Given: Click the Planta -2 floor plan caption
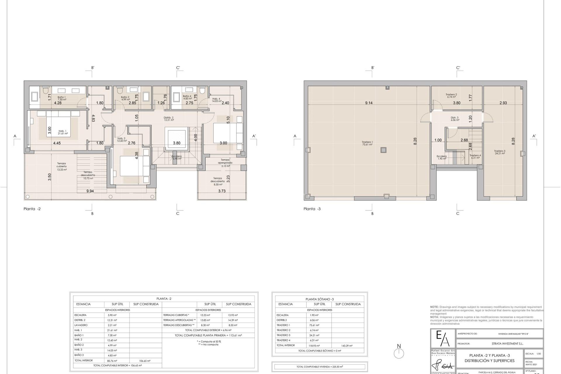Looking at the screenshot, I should [x=32, y=209].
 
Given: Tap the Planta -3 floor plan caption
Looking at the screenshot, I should [x=312, y=209].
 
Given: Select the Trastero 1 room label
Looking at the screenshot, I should [x=367, y=143].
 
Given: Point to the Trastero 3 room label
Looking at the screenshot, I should [x=500, y=152].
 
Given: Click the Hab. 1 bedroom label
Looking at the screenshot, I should [x=63, y=132].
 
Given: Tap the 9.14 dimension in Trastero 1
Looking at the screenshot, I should [x=369, y=103].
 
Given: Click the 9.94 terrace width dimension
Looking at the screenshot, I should [x=90, y=191].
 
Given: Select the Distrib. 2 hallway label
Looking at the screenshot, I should [x=169, y=119].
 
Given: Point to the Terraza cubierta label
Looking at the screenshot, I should [x=61, y=166].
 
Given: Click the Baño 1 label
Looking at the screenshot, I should [x=62, y=98].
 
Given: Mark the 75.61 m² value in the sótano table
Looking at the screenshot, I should [x=314, y=325].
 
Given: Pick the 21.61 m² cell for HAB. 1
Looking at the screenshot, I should [x=112, y=330].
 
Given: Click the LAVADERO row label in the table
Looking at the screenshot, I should [x=81, y=325].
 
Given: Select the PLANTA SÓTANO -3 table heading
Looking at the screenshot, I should [x=319, y=299].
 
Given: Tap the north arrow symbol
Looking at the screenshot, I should [x=399, y=352].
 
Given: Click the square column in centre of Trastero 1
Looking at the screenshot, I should [x=384, y=150].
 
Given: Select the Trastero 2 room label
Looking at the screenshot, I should [x=451, y=96].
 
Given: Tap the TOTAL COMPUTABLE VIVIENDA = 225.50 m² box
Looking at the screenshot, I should [x=319, y=367].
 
